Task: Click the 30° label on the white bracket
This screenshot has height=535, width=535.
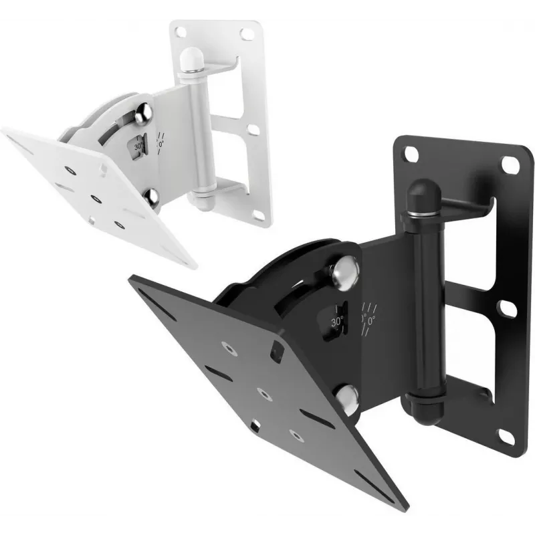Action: (138, 146)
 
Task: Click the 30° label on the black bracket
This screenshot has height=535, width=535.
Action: (337, 322)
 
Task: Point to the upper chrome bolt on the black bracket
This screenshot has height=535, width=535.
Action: (344, 273)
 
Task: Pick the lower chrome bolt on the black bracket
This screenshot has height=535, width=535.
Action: (347, 400)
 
